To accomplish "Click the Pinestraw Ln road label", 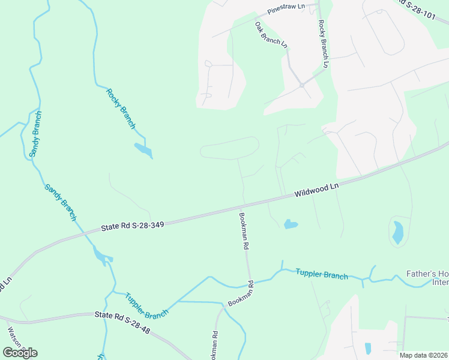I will (x=286, y=9).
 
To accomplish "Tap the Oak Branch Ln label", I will (x=271, y=35).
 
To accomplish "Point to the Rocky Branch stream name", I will (x=121, y=109).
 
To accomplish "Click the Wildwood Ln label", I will (x=316, y=190).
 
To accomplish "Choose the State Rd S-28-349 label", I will (x=132, y=225).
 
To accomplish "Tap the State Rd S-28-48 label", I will (x=123, y=315).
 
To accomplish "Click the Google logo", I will (x=20, y=352).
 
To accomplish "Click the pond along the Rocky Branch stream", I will (x=143, y=149).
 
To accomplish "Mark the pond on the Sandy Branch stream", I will (x=102, y=257).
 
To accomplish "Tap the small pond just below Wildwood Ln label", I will (x=291, y=224).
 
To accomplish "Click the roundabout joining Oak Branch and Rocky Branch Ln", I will (x=302, y=85).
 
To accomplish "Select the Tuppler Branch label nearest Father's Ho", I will (x=322, y=274).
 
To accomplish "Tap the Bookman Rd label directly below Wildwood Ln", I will (x=244, y=231).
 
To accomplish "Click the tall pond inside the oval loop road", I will (x=397, y=232).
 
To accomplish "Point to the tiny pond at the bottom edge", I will (x=367, y=349).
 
